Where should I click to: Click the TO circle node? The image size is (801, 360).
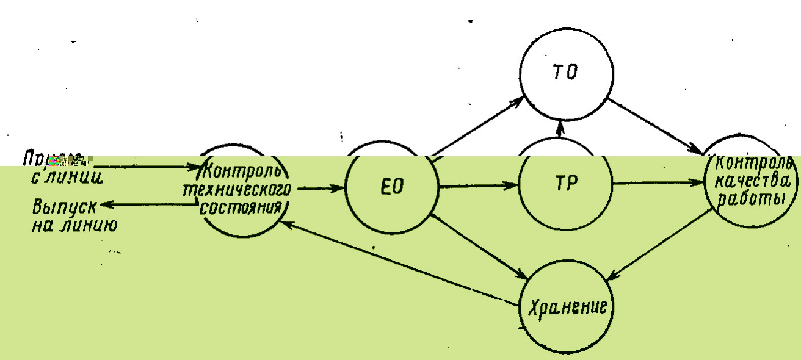click(x=566, y=73)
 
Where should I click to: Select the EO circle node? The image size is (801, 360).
click(x=391, y=186)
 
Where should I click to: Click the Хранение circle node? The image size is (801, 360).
click(x=566, y=306)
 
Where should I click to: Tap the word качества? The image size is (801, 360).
click(x=751, y=181)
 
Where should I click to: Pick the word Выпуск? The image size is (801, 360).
click(x=58, y=207)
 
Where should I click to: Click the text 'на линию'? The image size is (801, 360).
click(x=74, y=224)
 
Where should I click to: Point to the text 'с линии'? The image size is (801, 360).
click(x=66, y=177)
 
